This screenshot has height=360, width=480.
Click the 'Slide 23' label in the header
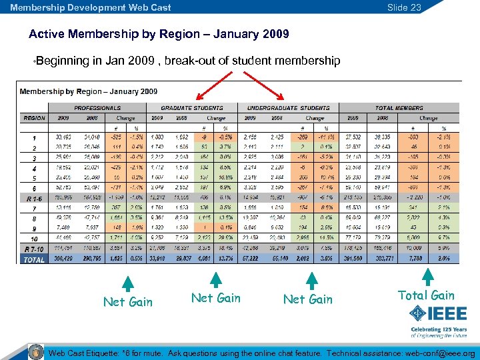click(405, 7)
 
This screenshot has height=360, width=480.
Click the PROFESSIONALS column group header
click(97, 108)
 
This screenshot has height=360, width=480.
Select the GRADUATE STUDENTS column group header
click(192, 108)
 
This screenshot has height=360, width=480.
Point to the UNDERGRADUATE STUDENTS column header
click(288, 108)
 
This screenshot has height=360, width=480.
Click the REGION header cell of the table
click(34, 117)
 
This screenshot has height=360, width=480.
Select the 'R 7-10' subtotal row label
click(34, 249)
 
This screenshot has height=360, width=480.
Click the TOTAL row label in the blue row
click(34, 258)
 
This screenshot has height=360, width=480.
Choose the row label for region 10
click(34, 238)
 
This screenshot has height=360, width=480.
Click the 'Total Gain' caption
click(425, 295)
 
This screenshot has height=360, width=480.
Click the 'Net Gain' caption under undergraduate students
click(307, 299)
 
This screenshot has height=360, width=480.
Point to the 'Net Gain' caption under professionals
click(127, 302)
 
